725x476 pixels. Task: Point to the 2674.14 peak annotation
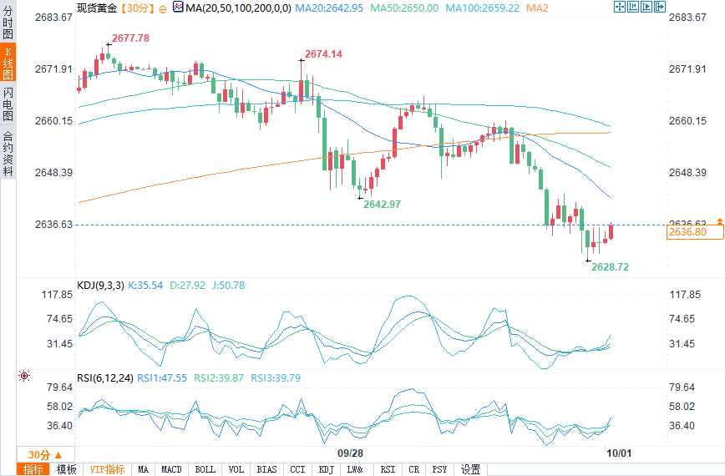pos(323,54)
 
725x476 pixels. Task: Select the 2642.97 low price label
pos(382,205)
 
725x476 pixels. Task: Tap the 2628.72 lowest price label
pos(610,266)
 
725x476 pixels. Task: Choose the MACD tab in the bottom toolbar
pos(171,469)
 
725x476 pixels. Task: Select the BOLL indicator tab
pos(205,469)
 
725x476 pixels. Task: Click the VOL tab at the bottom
pos(236,469)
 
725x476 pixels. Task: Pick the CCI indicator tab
pos(297,469)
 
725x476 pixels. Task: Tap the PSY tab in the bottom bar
pos(439,469)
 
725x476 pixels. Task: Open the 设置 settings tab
pos(470,469)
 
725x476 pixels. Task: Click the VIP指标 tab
pos(107,469)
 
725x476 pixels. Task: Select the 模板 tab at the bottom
pos(66,469)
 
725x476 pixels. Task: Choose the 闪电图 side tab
pos(8,104)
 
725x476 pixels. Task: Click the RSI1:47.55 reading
pos(163,377)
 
